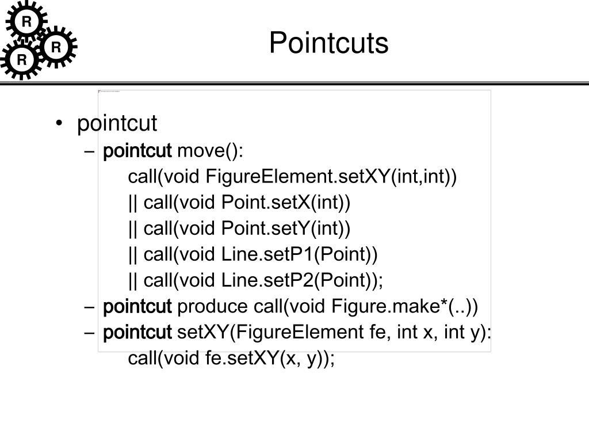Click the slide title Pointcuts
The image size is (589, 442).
tap(328, 43)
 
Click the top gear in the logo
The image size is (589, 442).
tap(26, 22)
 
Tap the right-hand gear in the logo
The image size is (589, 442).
tap(56, 47)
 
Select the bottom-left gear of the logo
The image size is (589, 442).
tap(22, 59)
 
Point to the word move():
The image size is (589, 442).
tap(211, 151)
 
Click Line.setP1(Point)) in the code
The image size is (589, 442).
tap(300, 254)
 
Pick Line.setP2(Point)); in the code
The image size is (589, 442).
tap(302, 280)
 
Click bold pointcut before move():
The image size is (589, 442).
tap(137, 151)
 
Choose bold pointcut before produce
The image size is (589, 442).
tap(137, 307)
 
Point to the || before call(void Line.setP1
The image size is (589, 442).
tap(133, 254)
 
